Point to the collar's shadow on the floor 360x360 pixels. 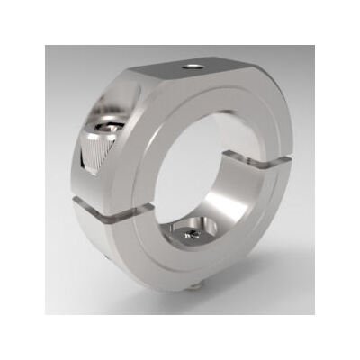[x=270, y=279]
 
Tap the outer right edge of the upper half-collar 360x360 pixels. [x=286, y=135]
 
